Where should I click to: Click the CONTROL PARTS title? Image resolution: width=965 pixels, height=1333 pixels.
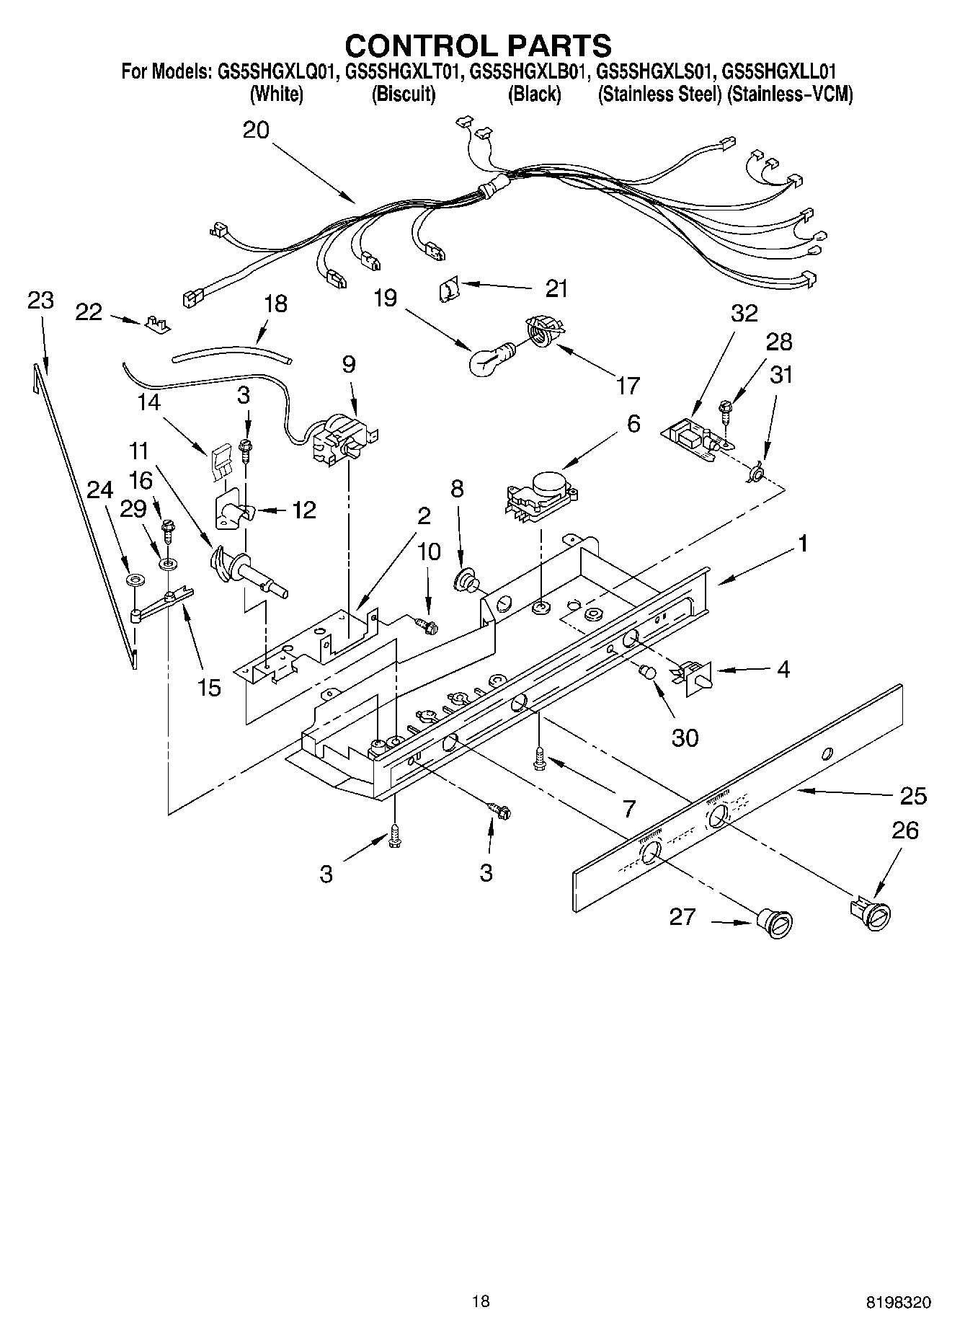pos(479,45)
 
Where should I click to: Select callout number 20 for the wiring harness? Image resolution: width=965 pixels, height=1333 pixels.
pos(256,130)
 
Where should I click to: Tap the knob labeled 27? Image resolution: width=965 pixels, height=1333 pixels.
pos(775,924)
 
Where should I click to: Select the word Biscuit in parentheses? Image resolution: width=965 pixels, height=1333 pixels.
pos(403,94)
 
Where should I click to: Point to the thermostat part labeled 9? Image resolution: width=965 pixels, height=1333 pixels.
pos(342,440)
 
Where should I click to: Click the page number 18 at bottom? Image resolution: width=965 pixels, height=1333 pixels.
pos(481,1301)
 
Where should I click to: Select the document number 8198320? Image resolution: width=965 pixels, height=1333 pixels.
pos(899,1302)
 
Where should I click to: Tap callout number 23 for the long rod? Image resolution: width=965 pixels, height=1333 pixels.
pos(40,300)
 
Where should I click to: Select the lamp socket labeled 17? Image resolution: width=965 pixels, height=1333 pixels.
pos(543,334)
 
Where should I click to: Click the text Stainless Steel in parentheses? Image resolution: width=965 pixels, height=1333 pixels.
pos(659,94)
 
